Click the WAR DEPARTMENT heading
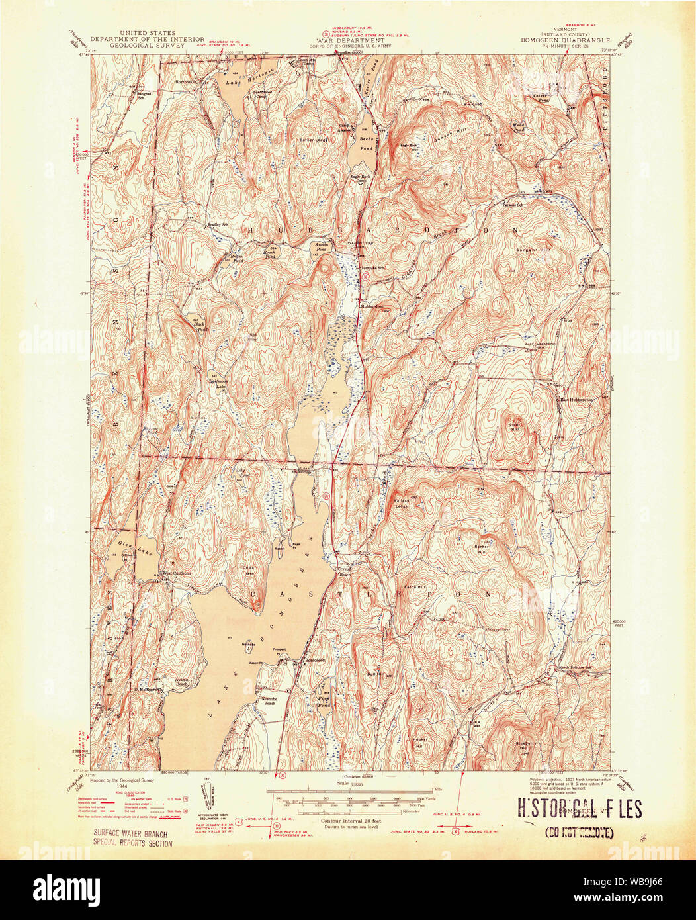click(347, 40)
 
